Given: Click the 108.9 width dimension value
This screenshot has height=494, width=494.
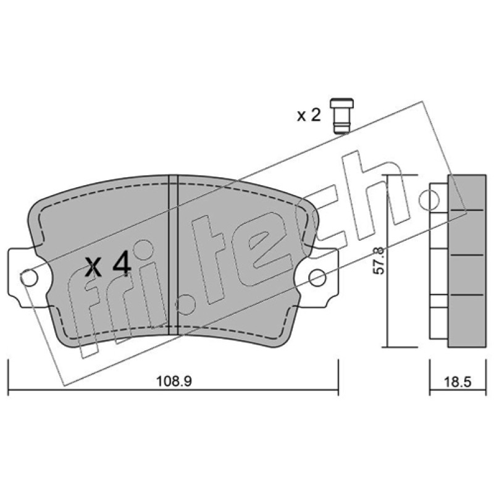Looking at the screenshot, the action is [x=174, y=382].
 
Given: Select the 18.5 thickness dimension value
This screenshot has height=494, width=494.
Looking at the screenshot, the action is [x=458, y=382].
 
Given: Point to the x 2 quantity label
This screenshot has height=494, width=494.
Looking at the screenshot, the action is [x=309, y=115].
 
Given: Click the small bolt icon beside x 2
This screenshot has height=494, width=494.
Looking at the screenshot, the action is [x=341, y=115].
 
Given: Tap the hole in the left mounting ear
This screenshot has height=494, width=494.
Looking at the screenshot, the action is [x=30, y=278].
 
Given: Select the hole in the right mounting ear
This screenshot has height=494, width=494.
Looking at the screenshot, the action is [x=317, y=277].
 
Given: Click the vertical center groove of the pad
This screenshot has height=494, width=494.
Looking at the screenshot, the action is [x=174, y=254].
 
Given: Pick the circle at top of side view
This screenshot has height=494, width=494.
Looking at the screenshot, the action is [x=429, y=199].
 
